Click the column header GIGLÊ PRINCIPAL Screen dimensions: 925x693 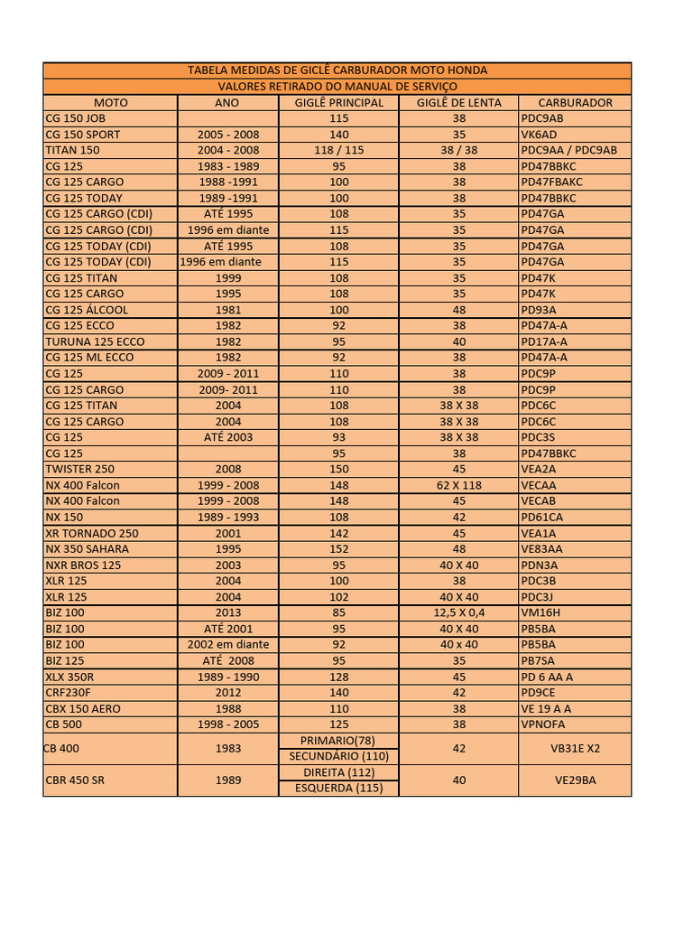[x=339, y=103]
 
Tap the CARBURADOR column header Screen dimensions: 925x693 [x=575, y=103]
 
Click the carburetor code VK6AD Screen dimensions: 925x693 [x=541, y=135]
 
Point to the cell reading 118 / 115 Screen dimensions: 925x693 [x=339, y=150]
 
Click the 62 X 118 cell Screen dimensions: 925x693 [x=459, y=485]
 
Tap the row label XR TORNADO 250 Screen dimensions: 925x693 [x=92, y=533]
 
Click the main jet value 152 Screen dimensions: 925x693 [x=339, y=549]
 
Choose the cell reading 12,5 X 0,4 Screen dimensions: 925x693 [x=459, y=612]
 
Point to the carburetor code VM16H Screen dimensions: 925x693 [x=542, y=612]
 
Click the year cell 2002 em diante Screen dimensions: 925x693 [x=228, y=645]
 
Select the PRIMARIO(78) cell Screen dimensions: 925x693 [x=339, y=741]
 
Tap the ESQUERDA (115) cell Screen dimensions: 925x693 [x=339, y=788]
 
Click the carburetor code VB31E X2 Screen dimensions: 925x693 [x=575, y=748]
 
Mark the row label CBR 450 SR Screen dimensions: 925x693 [x=75, y=780]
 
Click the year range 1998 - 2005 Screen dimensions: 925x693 [x=228, y=724]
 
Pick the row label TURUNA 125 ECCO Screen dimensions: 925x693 [x=95, y=341]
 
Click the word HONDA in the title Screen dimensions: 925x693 [x=467, y=70]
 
